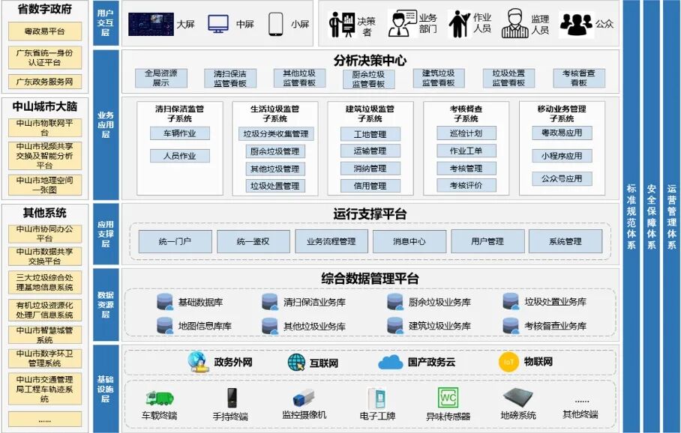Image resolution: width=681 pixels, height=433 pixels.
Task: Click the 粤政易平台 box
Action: tap(45, 31)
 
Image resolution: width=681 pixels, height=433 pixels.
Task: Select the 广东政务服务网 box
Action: tap(45, 82)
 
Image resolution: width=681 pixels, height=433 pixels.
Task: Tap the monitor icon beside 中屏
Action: tap(218, 24)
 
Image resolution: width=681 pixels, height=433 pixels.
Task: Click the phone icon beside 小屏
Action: tap(275, 24)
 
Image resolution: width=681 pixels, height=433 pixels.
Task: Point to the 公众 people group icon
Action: tap(576, 24)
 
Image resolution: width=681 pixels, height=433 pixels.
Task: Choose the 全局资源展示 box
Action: tap(160, 78)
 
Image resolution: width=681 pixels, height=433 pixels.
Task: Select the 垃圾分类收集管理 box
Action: tap(274, 134)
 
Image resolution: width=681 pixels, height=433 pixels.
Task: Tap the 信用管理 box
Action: tap(370, 186)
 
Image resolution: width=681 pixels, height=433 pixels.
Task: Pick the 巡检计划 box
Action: tap(465, 133)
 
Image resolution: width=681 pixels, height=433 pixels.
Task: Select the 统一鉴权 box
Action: tap(253, 241)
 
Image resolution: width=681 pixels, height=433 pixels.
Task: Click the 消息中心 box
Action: tap(409, 241)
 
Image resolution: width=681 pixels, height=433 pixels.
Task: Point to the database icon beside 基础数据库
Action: tap(165, 302)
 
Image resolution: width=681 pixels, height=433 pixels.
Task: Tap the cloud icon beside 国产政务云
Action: tap(391, 363)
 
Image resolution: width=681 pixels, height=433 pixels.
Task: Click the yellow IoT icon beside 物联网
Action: tap(508, 362)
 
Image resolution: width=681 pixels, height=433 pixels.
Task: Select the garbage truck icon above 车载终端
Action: tap(159, 398)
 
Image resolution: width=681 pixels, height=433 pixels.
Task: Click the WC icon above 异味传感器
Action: tap(448, 397)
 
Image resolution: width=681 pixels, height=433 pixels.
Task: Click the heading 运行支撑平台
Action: tap(370, 214)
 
